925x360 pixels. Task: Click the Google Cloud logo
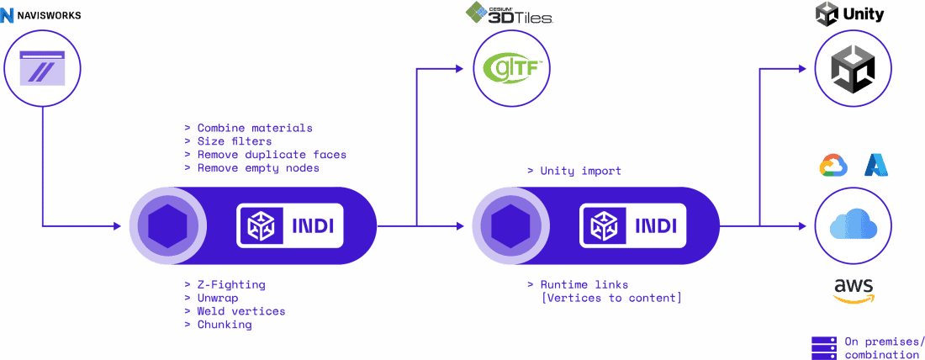pyautogui.click(x=832, y=166)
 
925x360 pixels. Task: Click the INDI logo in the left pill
pyautogui.click(x=290, y=225)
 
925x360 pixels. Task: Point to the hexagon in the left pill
pyautogui.click(x=166, y=225)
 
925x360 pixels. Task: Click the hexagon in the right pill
pyautogui.click(x=510, y=225)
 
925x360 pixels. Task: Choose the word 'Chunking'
pyautogui.click(x=224, y=325)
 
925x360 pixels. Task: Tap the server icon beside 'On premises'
pyautogui.click(x=823, y=346)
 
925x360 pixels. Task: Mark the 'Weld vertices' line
pyautogui.click(x=240, y=311)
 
